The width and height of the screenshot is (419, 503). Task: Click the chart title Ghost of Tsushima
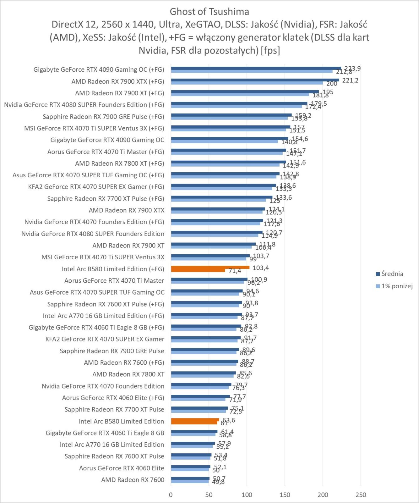pyautogui.click(x=209, y=12)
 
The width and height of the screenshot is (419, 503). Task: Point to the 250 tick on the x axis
pyautogui.click(x=361, y=495)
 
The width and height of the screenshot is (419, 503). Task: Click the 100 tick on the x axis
pyautogui.click(x=247, y=495)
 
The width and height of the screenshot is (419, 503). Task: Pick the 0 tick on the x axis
pyautogui.click(x=171, y=495)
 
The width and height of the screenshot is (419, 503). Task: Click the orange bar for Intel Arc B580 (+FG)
pyautogui.click(x=210, y=268)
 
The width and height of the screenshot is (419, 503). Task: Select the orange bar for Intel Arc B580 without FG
pyautogui.click(x=195, y=420)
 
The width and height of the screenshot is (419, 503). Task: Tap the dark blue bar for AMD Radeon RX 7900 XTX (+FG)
pyautogui.click(x=255, y=80)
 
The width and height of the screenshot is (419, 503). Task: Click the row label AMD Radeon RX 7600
pyautogui.click(x=133, y=480)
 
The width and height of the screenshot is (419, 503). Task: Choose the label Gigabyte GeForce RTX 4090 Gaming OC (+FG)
pyautogui.click(x=99, y=69)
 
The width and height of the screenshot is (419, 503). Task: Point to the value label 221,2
pyautogui.click(x=350, y=80)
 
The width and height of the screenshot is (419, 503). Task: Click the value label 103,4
pyautogui.click(x=261, y=268)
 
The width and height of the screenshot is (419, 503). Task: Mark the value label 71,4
pyautogui.click(x=235, y=271)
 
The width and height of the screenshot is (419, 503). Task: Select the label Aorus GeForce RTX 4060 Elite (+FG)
pyautogui.click(x=113, y=398)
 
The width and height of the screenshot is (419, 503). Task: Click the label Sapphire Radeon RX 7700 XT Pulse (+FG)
pyautogui.click(x=106, y=199)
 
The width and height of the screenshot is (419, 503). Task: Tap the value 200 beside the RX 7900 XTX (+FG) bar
pyautogui.click(x=332, y=84)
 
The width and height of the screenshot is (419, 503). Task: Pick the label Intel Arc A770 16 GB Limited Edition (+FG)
pyautogui.click(x=103, y=316)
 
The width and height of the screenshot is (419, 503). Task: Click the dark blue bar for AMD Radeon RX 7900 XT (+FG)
pyautogui.click(x=245, y=92)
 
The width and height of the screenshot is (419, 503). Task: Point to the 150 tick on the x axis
pyautogui.click(x=285, y=495)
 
